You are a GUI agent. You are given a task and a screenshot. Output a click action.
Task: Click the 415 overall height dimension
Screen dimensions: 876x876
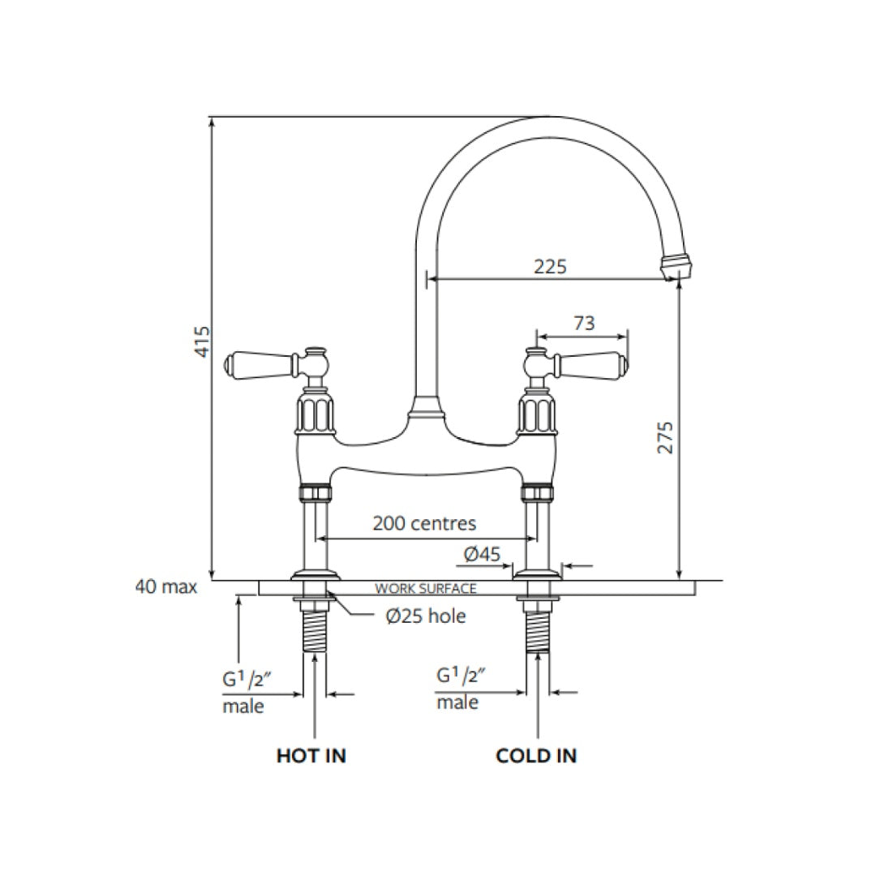click(204, 341)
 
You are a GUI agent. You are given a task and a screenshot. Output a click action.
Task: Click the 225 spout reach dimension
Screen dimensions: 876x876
click(550, 266)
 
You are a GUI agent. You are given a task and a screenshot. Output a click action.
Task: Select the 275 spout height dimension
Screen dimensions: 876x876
click(665, 438)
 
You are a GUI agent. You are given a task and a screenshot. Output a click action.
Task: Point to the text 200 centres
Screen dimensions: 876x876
click(424, 523)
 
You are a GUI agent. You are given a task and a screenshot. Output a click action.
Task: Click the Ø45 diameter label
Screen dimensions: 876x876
click(482, 555)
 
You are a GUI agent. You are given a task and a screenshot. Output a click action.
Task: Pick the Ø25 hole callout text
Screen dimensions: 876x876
click(426, 616)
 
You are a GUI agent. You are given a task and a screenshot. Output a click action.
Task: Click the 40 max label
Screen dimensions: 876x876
click(165, 586)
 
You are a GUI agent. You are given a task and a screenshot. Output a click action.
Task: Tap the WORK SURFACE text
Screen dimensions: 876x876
click(425, 589)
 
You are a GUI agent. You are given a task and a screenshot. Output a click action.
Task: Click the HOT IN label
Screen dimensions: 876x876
click(311, 756)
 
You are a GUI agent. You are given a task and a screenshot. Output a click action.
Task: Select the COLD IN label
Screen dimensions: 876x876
click(536, 756)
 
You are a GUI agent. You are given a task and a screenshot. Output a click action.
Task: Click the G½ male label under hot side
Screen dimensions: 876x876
click(244, 692)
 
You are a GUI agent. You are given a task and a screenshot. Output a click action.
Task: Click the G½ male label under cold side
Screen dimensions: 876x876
click(459, 688)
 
